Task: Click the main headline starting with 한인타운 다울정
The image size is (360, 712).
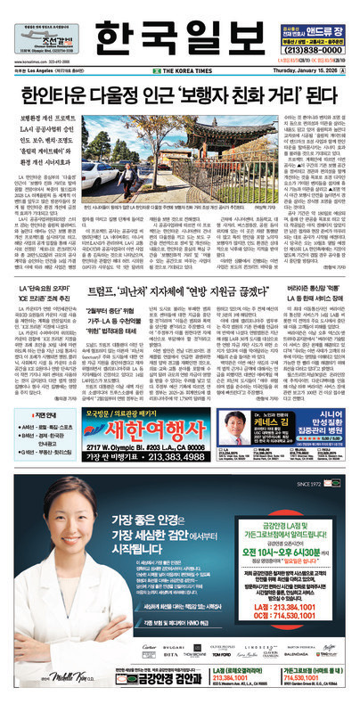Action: tap(179, 87)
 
